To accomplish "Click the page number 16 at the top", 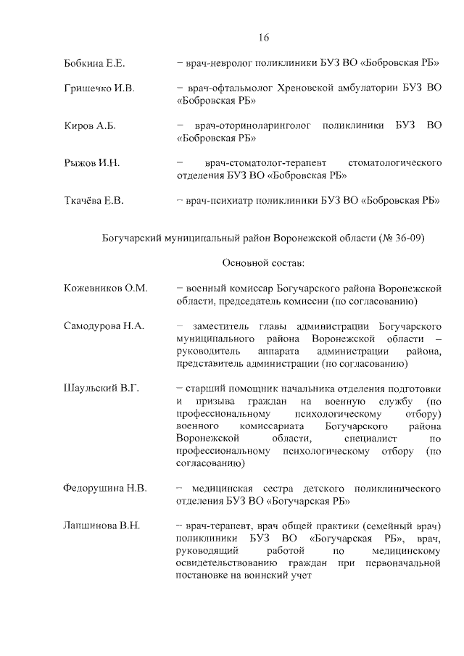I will pyautogui.click(x=263, y=38).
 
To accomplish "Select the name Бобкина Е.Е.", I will pyautogui.click(x=95, y=64).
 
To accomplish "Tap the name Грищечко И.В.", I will pyautogui.click(x=99, y=89).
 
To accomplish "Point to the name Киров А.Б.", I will pyautogui.click(x=90, y=126).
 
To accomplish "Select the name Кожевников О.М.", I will pyautogui.click(x=105, y=288).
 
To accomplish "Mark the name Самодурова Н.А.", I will pyautogui.click(x=104, y=325).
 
